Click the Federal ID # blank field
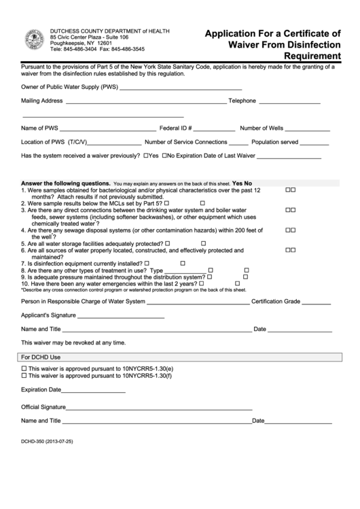[215, 128]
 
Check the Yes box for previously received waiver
[146, 156]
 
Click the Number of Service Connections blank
[238, 143]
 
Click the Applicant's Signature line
[120, 317]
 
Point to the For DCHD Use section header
[41, 357]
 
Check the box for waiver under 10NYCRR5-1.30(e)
[25, 368]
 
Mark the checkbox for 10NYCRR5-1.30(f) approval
[25, 375]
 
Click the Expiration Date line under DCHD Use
[93, 391]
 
